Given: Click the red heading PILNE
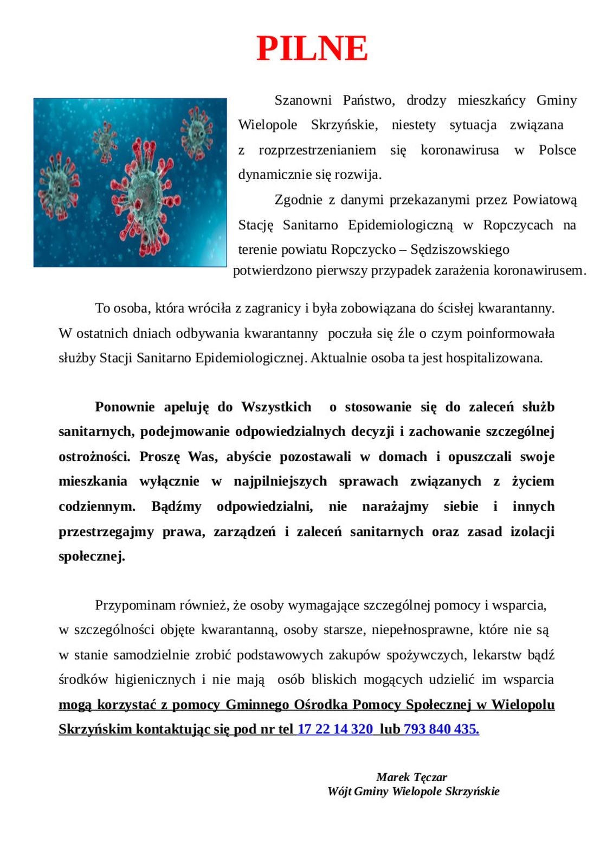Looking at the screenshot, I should click(x=312, y=48).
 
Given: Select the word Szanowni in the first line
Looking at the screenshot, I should click(x=302, y=100).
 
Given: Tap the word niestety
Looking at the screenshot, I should click(x=414, y=125).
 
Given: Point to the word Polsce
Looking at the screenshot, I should click(x=557, y=150).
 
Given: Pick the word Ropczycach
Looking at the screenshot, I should click(x=518, y=225).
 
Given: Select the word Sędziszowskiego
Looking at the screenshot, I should click(x=460, y=250).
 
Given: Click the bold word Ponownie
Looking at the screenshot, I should click(x=125, y=407).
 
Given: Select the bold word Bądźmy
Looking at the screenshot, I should click(x=176, y=507).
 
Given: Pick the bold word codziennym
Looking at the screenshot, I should click(x=97, y=507).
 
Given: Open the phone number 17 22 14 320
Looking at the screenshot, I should click(x=335, y=729).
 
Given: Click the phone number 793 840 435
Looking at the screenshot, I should click(x=441, y=729).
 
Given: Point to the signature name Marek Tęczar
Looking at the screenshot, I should click(x=411, y=777).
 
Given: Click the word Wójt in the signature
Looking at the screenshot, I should click(x=339, y=792).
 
